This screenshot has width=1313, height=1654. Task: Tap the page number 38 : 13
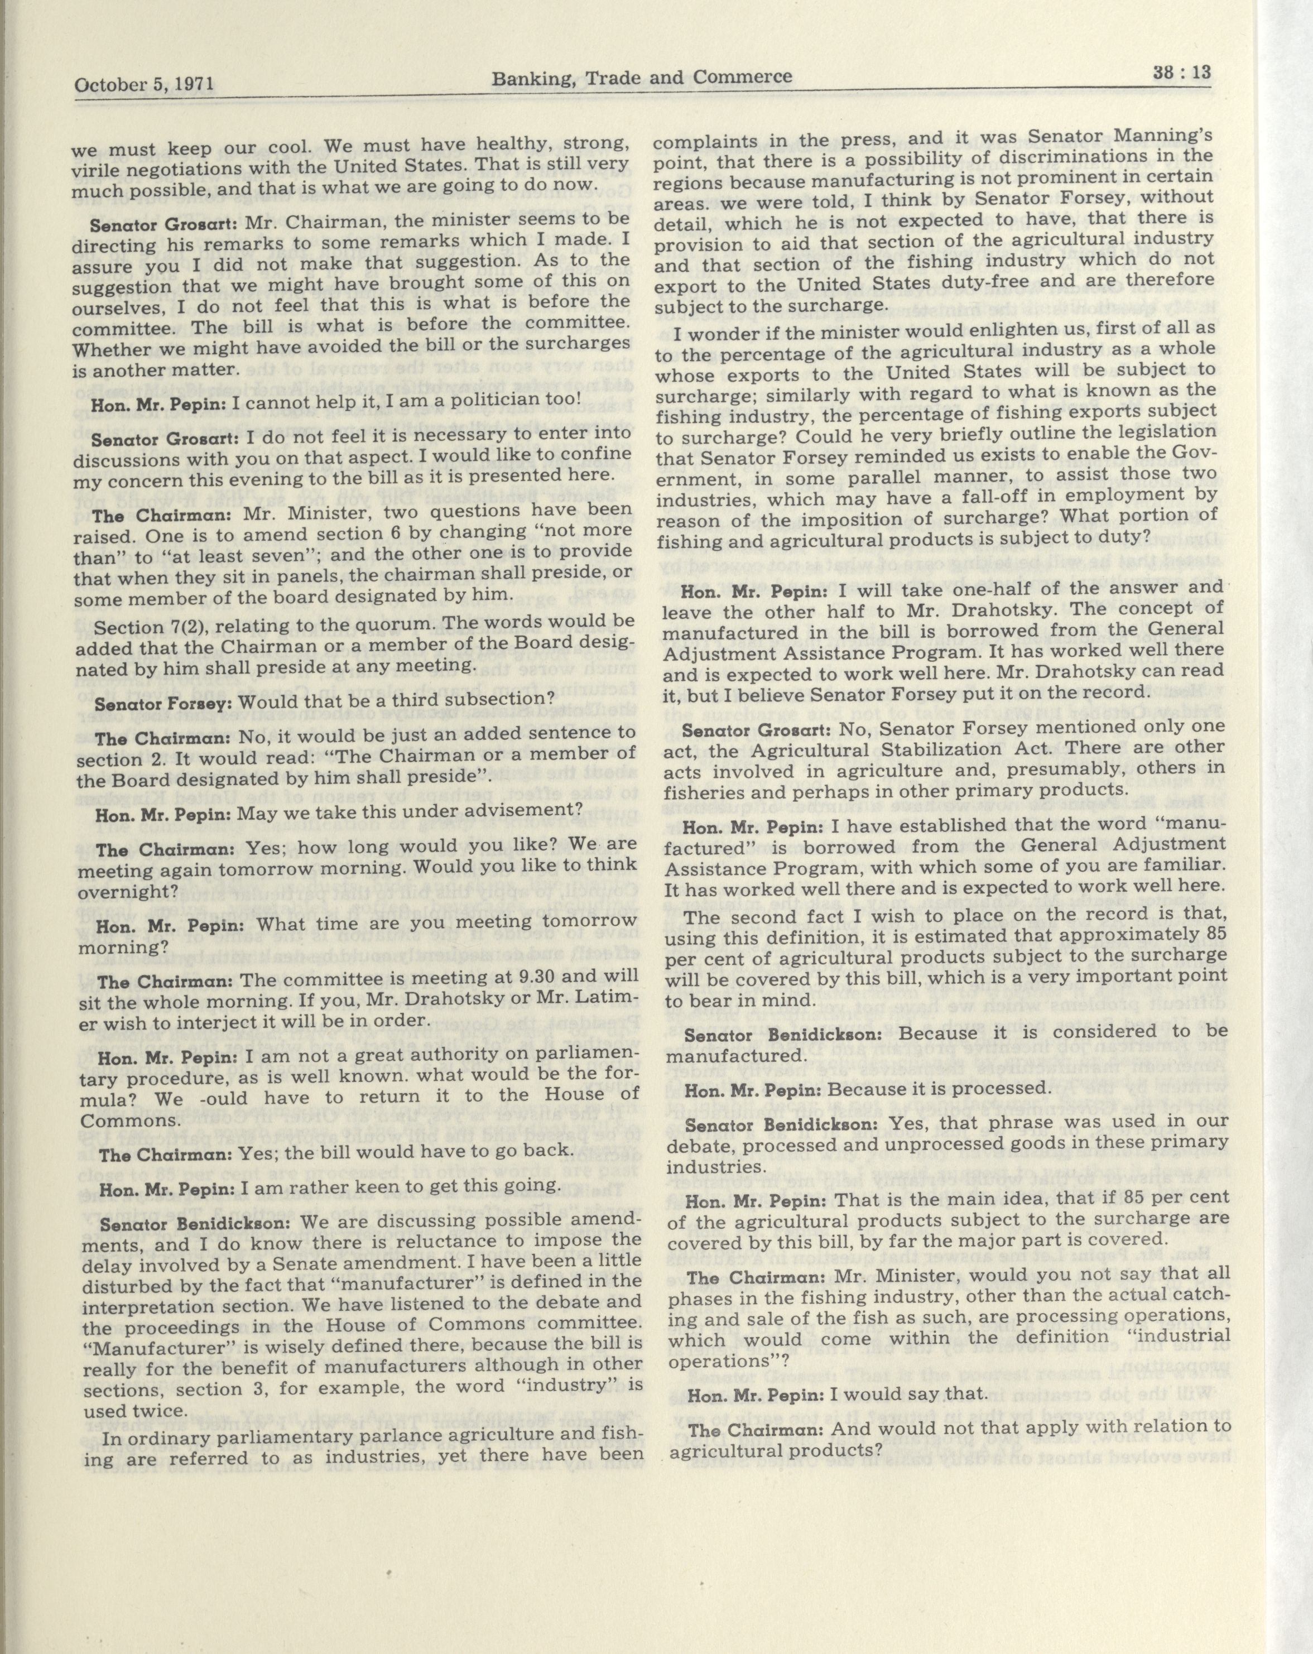(x=1180, y=73)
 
